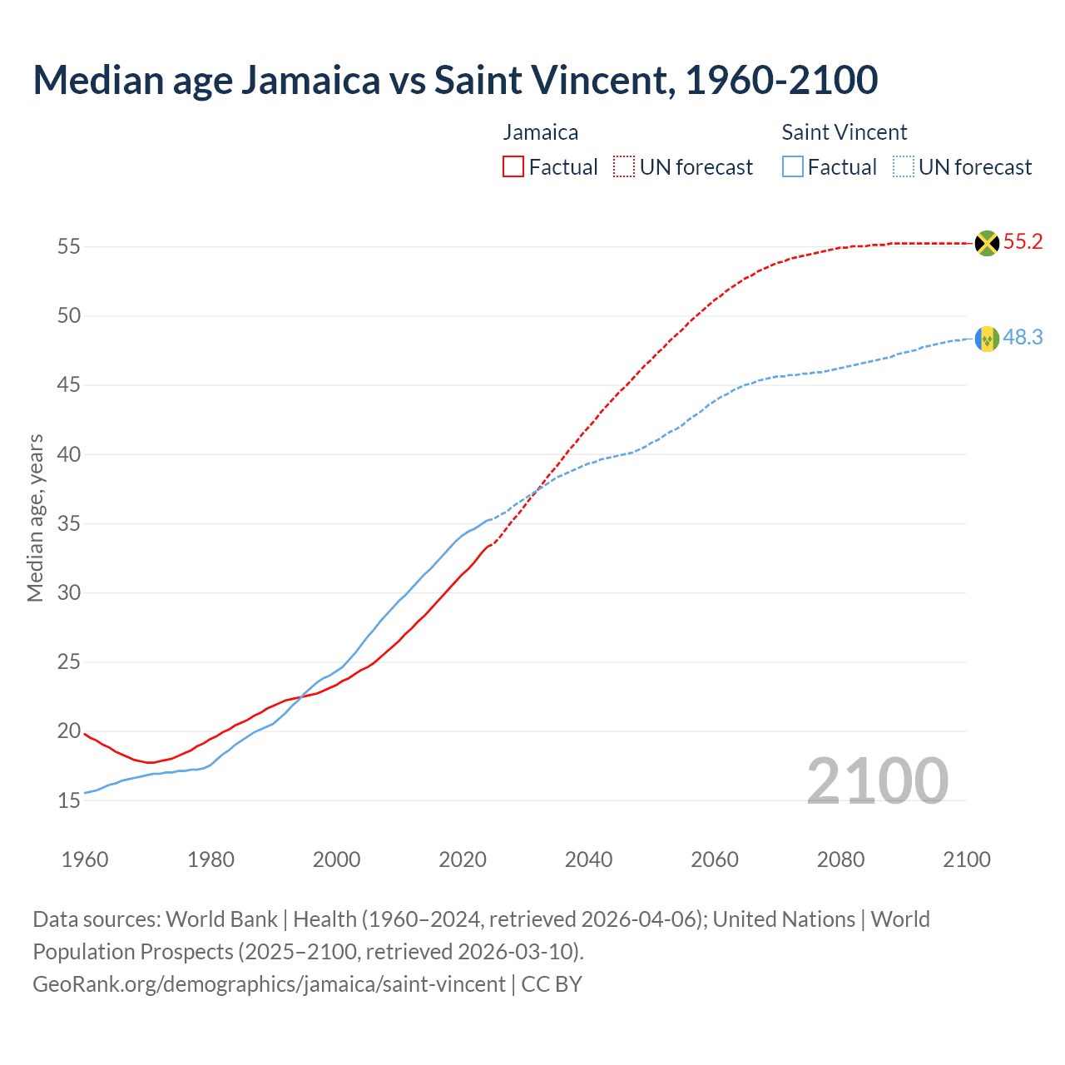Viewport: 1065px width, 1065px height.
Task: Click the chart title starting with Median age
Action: (x=455, y=80)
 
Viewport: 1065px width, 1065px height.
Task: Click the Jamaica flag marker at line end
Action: (x=987, y=243)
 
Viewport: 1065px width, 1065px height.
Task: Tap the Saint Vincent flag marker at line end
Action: (x=987, y=339)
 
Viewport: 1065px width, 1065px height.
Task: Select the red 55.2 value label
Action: (x=1023, y=242)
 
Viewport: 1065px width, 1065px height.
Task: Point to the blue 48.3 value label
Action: (x=1023, y=337)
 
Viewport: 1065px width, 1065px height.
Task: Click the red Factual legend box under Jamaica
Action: (x=513, y=167)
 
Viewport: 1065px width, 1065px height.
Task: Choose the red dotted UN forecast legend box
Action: (x=624, y=167)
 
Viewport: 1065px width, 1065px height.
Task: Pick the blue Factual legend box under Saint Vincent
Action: (x=793, y=167)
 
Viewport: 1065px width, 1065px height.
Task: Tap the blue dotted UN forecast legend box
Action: (x=903, y=167)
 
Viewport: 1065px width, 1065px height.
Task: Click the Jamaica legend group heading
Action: (x=540, y=132)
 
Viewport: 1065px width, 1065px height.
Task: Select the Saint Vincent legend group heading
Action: (x=844, y=132)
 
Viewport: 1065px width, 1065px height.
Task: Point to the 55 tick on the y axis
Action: (x=69, y=247)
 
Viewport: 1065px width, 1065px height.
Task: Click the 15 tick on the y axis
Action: (x=69, y=801)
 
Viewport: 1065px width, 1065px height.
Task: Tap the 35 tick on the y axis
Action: (x=69, y=524)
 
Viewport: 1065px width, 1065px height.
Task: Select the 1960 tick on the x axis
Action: (x=85, y=859)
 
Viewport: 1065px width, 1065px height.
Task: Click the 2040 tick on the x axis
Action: (x=588, y=859)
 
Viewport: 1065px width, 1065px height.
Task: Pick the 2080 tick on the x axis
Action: (x=840, y=859)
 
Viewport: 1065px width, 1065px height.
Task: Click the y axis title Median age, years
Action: (x=35, y=518)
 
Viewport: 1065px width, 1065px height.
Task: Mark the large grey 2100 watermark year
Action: (x=877, y=780)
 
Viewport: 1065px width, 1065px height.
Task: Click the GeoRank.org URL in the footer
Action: (x=269, y=984)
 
